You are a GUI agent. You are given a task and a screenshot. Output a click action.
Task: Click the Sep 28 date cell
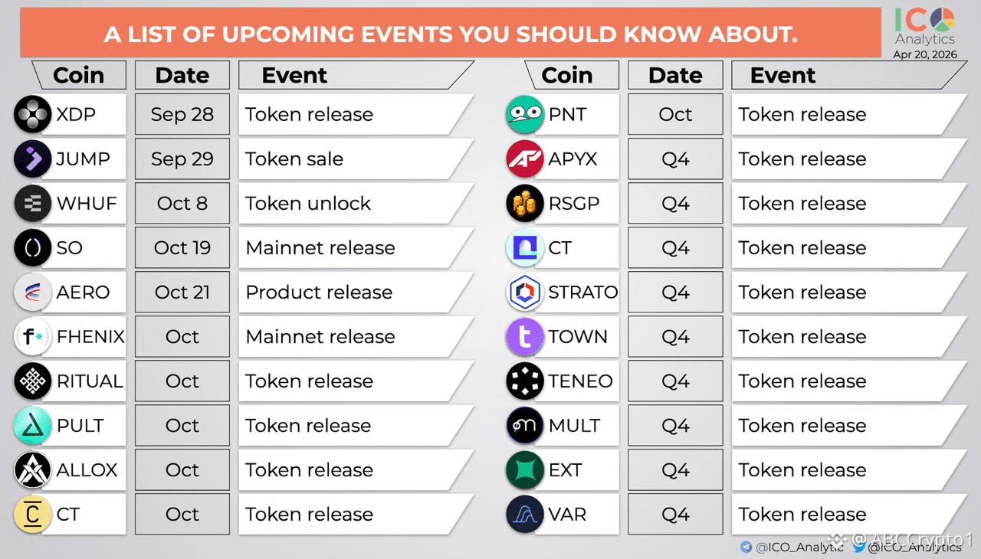[182, 115]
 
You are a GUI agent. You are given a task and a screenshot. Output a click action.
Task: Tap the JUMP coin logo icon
[33, 159]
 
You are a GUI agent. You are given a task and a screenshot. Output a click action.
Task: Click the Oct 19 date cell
[182, 248]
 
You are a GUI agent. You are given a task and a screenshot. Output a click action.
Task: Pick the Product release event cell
[356, 293]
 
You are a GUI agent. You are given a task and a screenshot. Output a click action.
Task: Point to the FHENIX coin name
[90, 337]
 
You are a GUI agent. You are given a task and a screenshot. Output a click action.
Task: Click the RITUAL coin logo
[33, 381]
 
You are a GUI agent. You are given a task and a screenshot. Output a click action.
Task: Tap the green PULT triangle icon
[33, 426]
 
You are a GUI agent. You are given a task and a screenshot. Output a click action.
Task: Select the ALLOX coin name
[87, 470]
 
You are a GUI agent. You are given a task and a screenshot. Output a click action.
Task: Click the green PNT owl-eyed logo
[525, 115]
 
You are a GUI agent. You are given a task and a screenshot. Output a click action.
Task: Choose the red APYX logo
[525, 159]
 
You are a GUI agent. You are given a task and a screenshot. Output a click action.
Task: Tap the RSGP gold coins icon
[525, 204]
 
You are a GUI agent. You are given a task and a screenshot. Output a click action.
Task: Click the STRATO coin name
[583, 293]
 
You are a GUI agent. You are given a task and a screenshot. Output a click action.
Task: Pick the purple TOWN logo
[525, 337]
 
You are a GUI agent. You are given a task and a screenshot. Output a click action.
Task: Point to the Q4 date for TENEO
[675, 381]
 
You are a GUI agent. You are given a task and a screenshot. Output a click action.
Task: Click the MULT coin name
[574, 426]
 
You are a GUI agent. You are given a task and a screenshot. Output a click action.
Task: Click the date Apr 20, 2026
[925, 54]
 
